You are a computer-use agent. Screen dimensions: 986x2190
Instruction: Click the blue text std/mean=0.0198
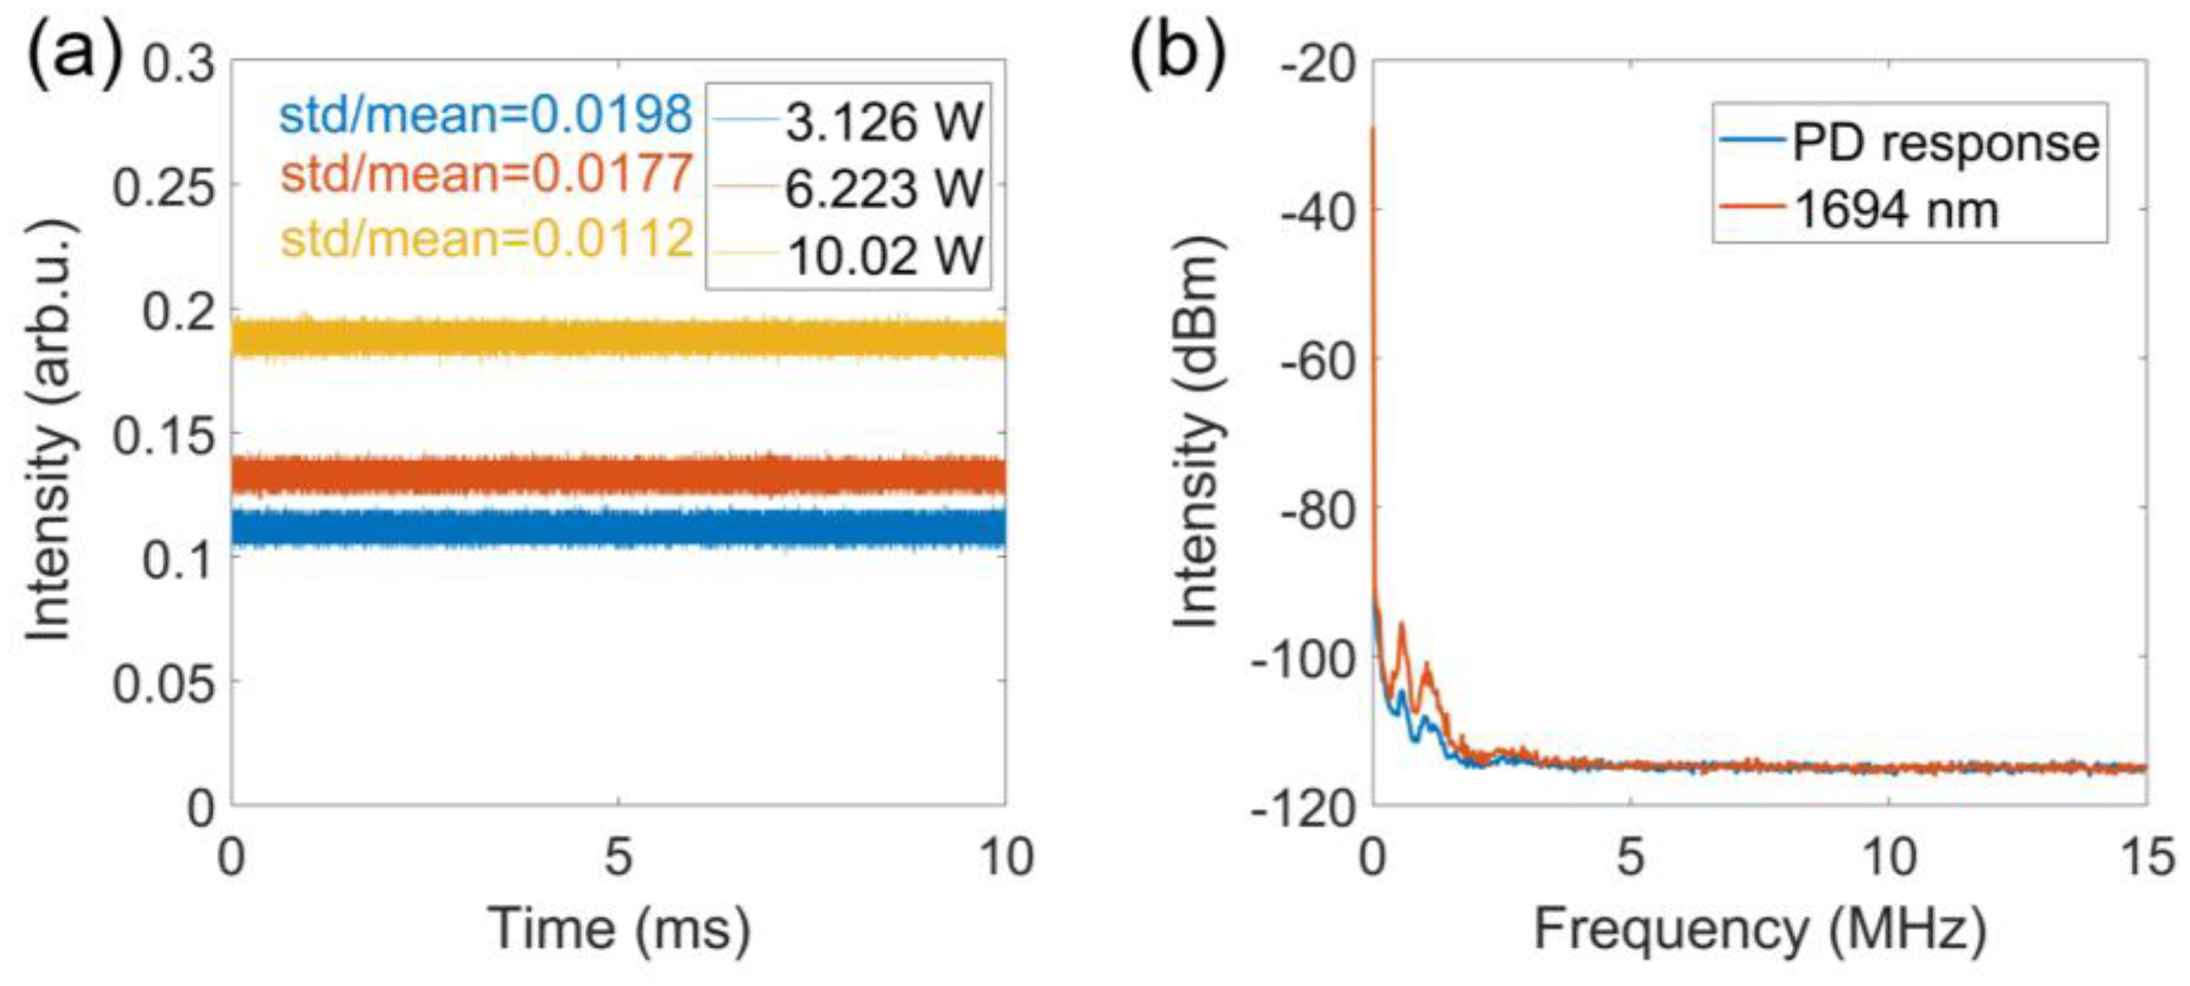pos(485,115)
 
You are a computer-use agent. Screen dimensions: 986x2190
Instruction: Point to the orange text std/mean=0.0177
pos(485,174)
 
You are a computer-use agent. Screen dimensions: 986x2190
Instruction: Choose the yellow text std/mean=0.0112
pos(487,238)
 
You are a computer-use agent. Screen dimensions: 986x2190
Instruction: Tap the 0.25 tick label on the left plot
pos(164,187)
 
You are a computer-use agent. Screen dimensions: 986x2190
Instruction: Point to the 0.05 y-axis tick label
pos(164,684)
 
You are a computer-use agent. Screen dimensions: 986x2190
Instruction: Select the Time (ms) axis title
pos(619,928)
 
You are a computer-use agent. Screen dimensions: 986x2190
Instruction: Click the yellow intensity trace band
pos(619,339)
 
